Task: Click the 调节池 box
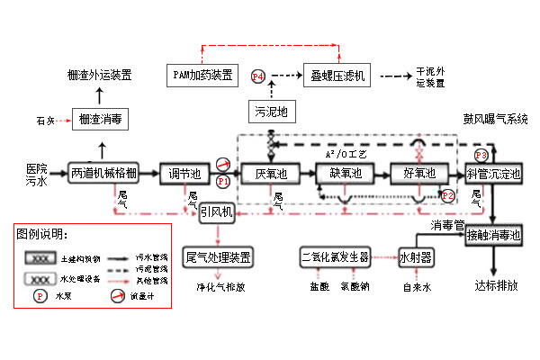pos(184,173)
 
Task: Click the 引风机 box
pos(217,212)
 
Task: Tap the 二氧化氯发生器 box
pos(336,256)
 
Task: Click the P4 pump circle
pos(258,77)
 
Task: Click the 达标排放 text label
pos(496,285)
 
